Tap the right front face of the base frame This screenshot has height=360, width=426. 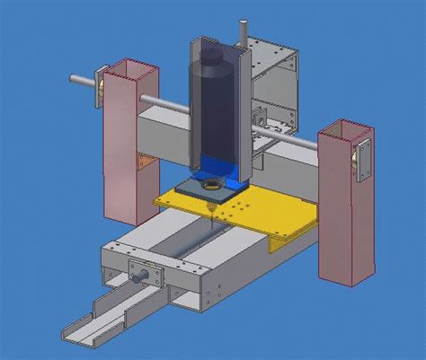point(261,278)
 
